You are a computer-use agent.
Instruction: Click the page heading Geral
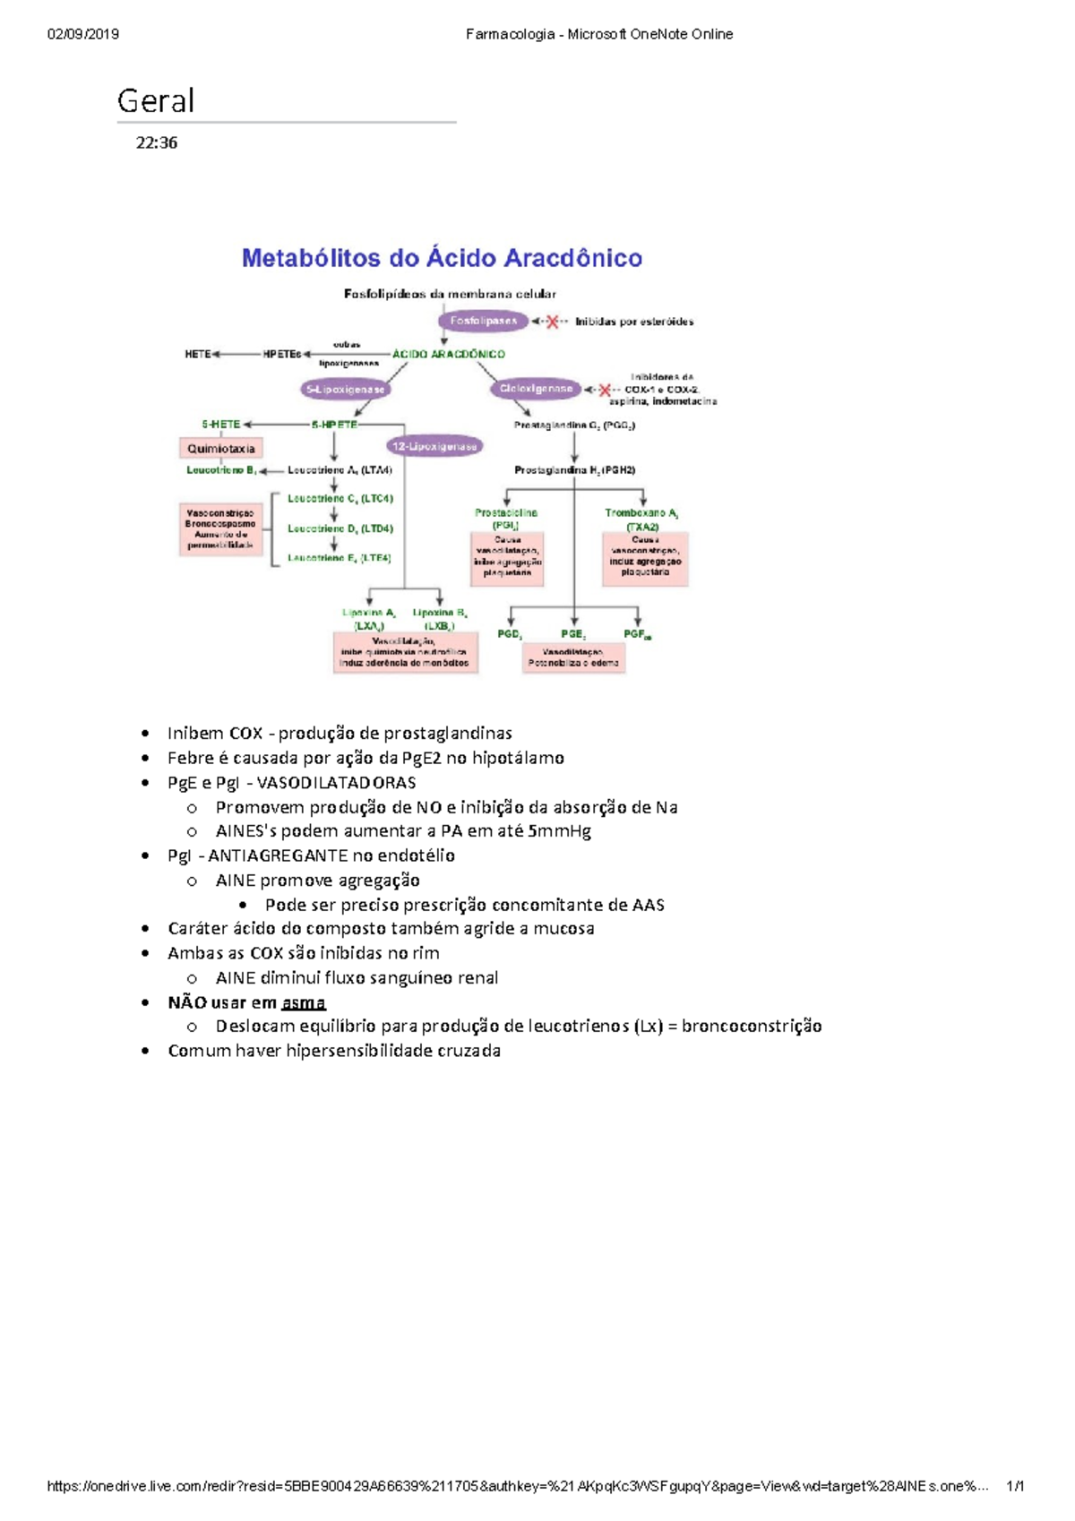pyautogui.click(x=156, y=101)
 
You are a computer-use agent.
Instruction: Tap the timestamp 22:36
pyautogui.click(x=157, y=142)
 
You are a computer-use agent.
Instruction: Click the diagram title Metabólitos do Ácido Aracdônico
pyautogui.click(x=442, y=258)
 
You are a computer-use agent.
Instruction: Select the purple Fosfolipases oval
pyautogui.click(x=483, y=321)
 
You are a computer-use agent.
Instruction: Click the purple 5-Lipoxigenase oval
pyautogui.click(x=345, y=390)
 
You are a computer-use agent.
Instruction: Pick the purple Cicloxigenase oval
pyautogui.click(x=536, y=389)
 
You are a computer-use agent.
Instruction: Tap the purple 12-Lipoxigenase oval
pyautogui.click(x=434, y=446)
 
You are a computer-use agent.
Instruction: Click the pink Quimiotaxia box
pyautogui.click(x=220, y=448)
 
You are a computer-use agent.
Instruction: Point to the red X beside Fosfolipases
pyautogui.click(x=553, y=322)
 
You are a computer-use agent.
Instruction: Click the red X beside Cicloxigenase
pyautogui.click(x=605, y=390)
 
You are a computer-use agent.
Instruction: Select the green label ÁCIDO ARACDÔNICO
pyautogui.click(x=448, y=354)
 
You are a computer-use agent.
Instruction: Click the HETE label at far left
pyautogui.click(x=197, y=354)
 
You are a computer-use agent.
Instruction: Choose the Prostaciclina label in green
pyautogui.click(x=506, y=513)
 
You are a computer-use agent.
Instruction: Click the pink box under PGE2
pyautogui.click(x=573, y=658)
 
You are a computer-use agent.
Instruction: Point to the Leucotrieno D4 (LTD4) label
pyautogui.click(x=340, y=528)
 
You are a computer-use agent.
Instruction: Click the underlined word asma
pyautogui.click(x=303, y=1002)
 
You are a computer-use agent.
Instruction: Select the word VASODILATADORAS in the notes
pyautogui.click(x=336, y=782)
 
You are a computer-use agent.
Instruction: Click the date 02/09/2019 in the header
pyautogui.click(x=83, y=34)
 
